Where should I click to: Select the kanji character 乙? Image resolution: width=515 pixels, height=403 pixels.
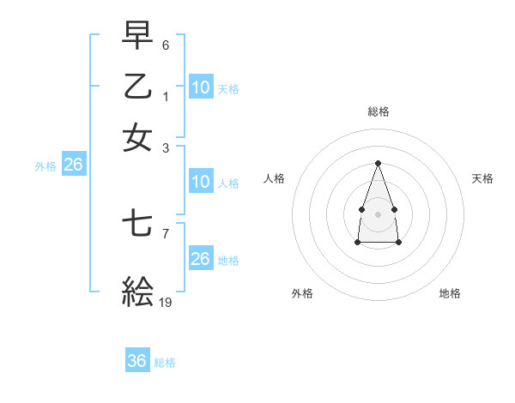point(137,87)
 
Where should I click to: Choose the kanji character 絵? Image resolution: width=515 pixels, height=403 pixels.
point(137,292)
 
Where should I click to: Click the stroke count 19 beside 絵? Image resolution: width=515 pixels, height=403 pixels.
point(166,302)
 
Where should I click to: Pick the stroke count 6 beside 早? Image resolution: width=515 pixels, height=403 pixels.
point(166,45)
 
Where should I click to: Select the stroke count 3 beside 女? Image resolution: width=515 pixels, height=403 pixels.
point(166,147)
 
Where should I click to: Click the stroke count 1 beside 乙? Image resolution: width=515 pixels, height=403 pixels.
point(166,96)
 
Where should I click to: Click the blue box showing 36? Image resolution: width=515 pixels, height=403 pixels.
point(137,361)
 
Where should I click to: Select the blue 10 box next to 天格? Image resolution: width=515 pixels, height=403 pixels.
point(201,87)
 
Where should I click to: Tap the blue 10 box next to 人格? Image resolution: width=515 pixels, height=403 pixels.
point(201,182)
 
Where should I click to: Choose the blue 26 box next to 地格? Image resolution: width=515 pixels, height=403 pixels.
point(201,259)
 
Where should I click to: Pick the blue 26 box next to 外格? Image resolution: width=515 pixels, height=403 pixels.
point(73,165)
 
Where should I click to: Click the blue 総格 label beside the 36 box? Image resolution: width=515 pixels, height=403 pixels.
point(166,363)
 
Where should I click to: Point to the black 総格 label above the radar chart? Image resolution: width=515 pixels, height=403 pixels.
point(378,111)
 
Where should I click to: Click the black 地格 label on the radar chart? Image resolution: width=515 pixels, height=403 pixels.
point(450,293)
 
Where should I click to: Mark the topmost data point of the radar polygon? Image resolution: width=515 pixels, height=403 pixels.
point(378,163)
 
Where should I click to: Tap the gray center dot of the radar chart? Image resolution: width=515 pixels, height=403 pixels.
point(378,213)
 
